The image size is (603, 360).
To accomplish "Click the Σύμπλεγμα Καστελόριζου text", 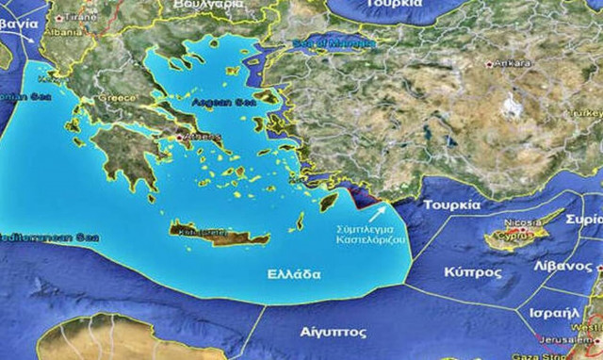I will click(x=371, y=235).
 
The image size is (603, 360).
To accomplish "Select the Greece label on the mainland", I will click(x=119, y=97).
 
